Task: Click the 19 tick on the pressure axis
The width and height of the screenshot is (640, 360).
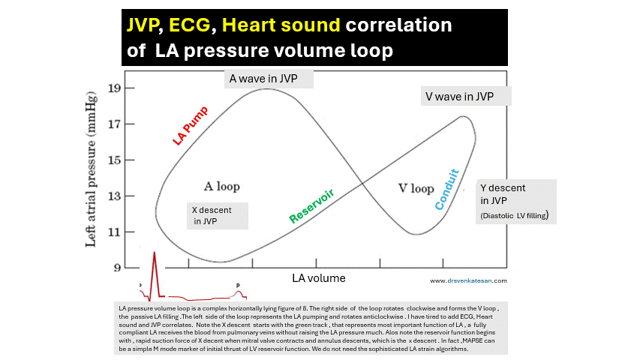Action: (x=113, y=87)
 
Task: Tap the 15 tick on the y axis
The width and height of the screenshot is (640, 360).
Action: (x=113, y=160)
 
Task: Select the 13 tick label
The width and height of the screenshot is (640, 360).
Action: (x=113, y=196)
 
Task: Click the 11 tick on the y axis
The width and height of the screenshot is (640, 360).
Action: (x=113, y=232)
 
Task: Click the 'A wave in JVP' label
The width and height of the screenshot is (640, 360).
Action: (x=269, y=78)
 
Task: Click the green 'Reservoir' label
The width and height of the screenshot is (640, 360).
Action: (x=311, y=206)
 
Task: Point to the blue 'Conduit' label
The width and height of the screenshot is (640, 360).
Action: (x=446, y=194)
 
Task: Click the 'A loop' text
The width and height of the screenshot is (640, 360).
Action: (x=221, y=185)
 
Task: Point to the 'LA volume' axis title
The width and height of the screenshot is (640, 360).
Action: (x=319, y=278)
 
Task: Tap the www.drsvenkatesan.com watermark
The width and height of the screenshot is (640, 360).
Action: (x=469, y=281)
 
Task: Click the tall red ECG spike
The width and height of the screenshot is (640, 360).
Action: (x=154, y=262)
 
